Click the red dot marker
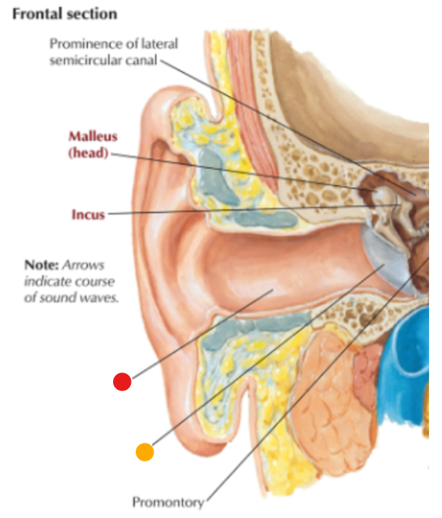[x=122, y=381]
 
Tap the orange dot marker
[x=145, y=452]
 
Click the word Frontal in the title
[x=36, y=15]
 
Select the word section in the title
[x=91, y=15]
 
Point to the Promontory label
[x=168, y=503]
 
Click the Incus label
[x=88, y=215]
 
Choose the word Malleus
[x=93, y=137]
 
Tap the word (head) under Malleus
[x=88, y=153]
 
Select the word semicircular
[x=86, y=61]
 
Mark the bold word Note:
[x=42, y=265]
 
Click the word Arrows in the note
[x=83, y=265]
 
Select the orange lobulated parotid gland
[x=334, y=400]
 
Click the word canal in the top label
[x=142, y=61]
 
